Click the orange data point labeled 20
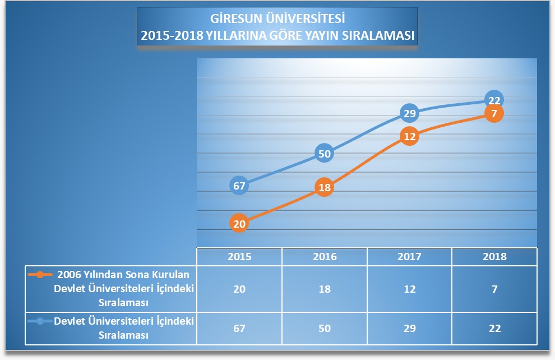[x=239, y=223]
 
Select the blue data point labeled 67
[x=239, y=186]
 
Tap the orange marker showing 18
[x=325, y=188]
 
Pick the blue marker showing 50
[x=325, y=153]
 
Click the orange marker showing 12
[x=410, y=136]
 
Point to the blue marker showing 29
[x=410, y=114]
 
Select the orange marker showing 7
[x=494, y=114]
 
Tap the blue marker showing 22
[x=494, y=100]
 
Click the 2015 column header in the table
[x=239, y=257]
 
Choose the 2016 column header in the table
[x=325, y=257]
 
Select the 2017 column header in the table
[x=410, y=257]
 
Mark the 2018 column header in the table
[x=494, y=257]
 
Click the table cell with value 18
[x=325, y=289]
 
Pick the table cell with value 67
[x=239, y=328]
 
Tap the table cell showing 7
[x=494, y=289]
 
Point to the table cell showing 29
[x=410, y=328]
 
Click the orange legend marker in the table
[x=40, y=275]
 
